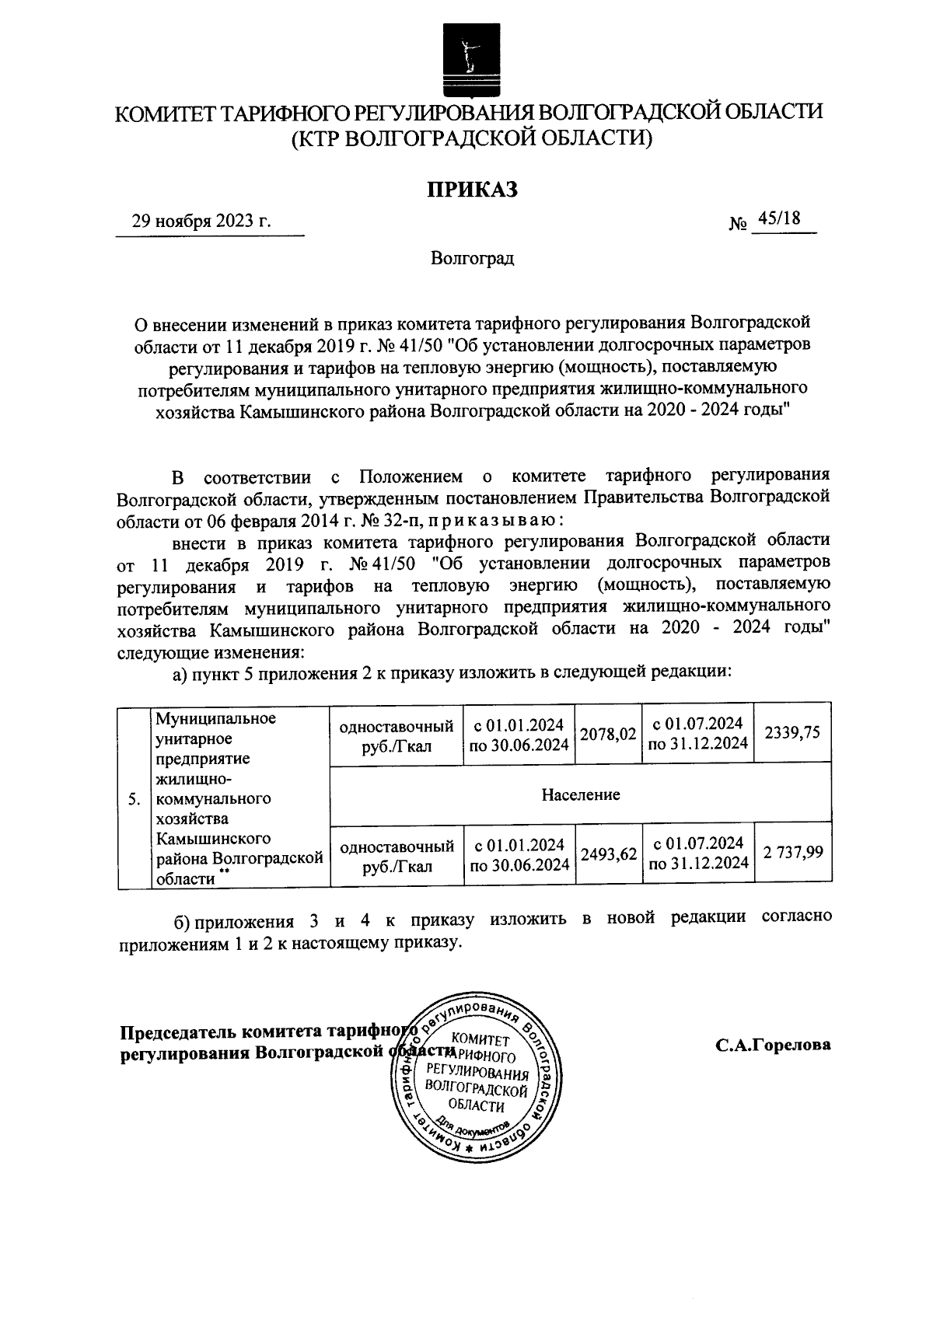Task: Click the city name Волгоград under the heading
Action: tap(473, 258)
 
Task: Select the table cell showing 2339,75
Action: tap(792, 732)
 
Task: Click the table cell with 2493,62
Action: tap(608, 854)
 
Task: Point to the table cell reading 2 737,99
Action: tap(792, 853)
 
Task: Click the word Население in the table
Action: tap(581, 794)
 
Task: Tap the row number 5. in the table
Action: tap(134, 799)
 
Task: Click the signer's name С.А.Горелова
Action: tap(773, 1045)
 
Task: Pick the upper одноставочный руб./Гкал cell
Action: tap(397, 735)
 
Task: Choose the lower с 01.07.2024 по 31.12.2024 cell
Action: tap(699, 854)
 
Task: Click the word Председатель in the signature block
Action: tap(178, 1032)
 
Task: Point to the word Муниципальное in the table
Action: tap(216, 717)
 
